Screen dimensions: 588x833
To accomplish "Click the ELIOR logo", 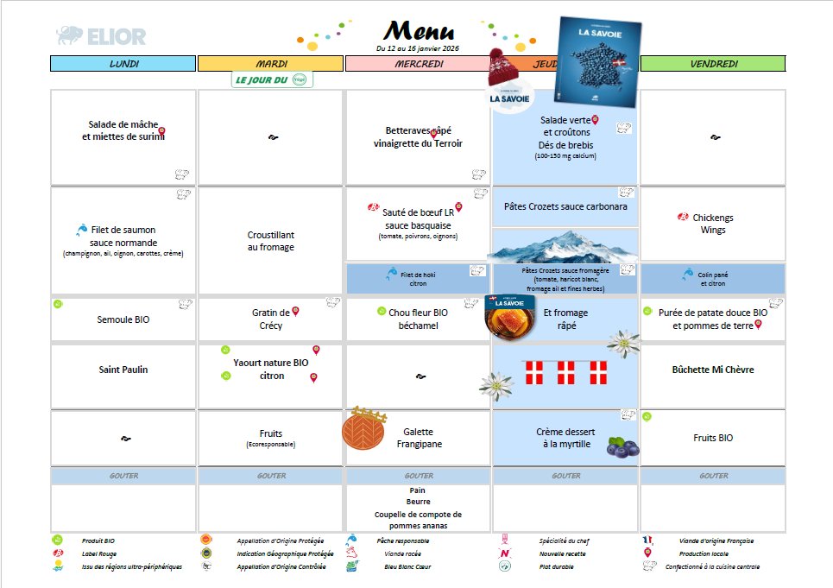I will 101,35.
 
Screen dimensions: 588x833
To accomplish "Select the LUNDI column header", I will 123,64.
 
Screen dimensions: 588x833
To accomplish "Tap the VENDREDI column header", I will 713,64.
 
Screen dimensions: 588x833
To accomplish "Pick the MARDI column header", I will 271,64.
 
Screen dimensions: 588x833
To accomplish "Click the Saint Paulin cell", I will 123,370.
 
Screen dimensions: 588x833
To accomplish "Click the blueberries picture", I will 622,446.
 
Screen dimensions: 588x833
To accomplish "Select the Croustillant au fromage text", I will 271,241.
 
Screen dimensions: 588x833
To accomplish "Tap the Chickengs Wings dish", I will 713,224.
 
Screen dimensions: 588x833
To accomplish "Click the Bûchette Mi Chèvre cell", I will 713,370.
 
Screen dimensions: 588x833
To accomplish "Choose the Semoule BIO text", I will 123,319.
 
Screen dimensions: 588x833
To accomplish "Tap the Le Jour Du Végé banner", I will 272,80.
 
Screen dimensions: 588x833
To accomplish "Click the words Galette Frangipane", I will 419,438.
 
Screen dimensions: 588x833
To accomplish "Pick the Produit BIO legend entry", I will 98,541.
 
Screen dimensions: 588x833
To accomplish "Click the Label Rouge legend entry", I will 100,553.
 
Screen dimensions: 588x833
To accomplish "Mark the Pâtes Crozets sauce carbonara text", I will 565,207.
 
